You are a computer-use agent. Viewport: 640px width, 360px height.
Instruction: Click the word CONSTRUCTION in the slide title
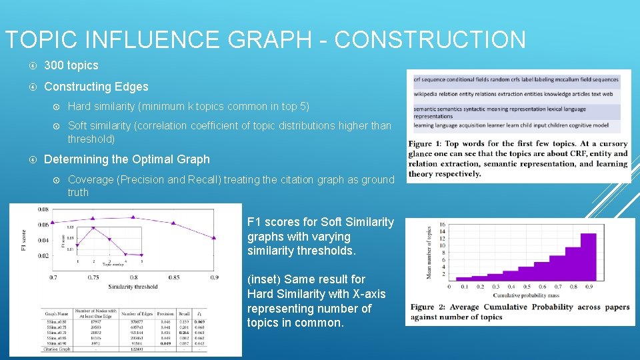pos(430,40)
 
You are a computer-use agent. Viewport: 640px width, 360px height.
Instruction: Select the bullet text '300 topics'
pos(71,65)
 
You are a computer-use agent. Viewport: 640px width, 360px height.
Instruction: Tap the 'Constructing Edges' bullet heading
pos(96,87)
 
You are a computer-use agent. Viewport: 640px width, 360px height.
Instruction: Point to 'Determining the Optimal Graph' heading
pos(127,159)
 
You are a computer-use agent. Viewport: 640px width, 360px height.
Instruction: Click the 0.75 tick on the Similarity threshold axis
pos(93,277)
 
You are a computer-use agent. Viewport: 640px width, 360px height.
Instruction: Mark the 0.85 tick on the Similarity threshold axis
pos(173,277)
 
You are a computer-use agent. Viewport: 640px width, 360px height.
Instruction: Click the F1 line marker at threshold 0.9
pos(214,238)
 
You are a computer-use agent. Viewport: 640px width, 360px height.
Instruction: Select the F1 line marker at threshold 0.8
pos(133,217)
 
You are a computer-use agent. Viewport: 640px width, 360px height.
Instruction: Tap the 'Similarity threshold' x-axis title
pos(133,287)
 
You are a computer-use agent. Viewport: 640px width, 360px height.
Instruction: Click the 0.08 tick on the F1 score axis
pos(42,209)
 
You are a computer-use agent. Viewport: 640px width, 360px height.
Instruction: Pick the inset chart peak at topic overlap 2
pos(93,228)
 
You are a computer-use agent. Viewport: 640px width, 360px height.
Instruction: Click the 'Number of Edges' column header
pos(138,313)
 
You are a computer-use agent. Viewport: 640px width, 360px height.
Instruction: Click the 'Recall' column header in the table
pos(184,313)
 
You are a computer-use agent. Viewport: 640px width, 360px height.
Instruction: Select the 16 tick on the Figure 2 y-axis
pos(442,225)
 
